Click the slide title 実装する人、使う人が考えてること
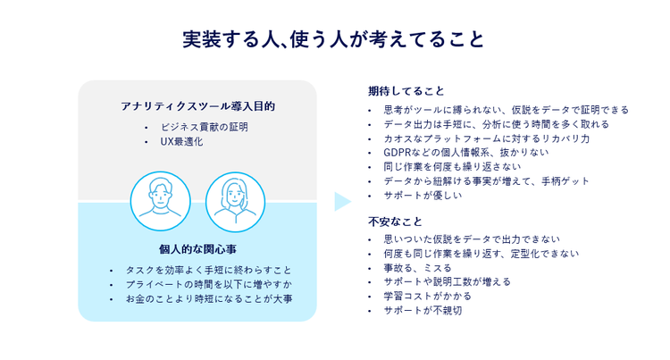click(x=334, y=40)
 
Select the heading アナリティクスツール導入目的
click(x=197, y=106)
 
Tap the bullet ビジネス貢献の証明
click(x=204, y=127)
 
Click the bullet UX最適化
click(x=182, y=141)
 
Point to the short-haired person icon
click(x=161, y=202)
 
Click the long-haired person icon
click(x=235, y=202)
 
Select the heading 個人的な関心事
click(x=197, y=248)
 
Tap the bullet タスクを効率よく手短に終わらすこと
click(x=209, y=269)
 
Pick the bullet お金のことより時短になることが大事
click(x=209, y=297)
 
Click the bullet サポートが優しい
click(x=423, y=196)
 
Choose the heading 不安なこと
click(x=394, y=221)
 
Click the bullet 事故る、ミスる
click(x=417, y=267)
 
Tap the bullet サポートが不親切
click(x=423, y=310)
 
